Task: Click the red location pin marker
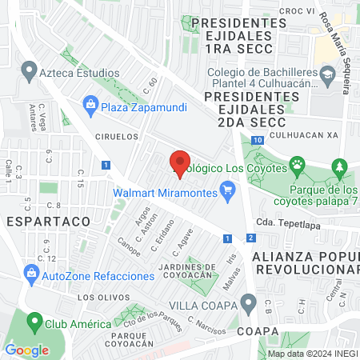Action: click(x=180, y=160)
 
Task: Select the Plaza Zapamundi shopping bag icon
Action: click(x=90, y=104)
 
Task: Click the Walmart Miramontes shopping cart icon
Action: click(x=228, y=190)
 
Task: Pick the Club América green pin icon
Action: click(x=34, y=323)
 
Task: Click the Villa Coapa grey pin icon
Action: click(x=248, y=305)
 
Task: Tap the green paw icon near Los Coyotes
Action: click(x=297, y=166)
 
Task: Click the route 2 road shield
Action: click(x=250, y=238)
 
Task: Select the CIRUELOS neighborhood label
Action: click(x=110, y=137)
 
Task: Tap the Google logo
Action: click(x=26, y=350)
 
